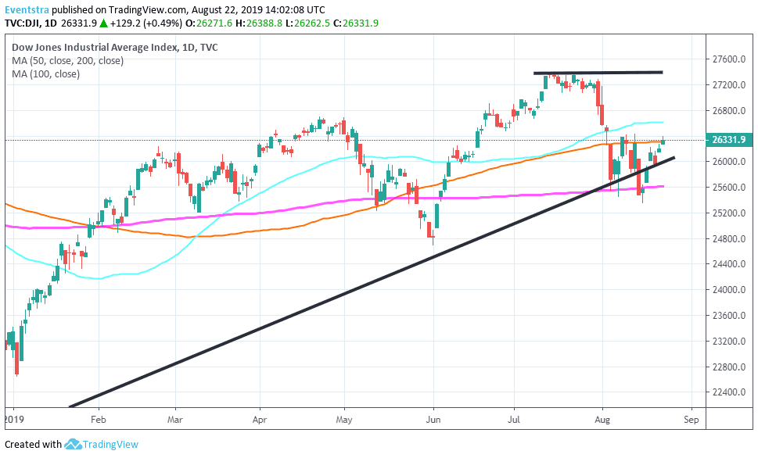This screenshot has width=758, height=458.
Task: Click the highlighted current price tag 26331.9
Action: (728, 141)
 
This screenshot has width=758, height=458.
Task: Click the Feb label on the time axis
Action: (99, 419)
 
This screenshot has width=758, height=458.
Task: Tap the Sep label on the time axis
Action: (690, 419)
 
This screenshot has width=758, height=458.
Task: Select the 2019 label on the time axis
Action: (16, 419)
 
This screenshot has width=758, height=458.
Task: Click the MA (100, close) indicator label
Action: (45, 73)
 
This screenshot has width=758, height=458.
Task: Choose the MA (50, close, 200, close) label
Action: (67, 60)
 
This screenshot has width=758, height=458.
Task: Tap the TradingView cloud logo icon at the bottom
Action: (73, 445)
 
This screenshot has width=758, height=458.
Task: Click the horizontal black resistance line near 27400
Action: (598, 73)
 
